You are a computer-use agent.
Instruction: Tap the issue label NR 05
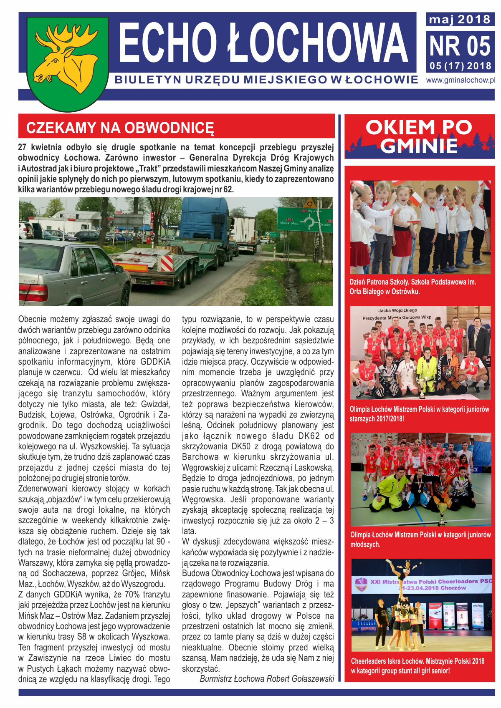pos(460,46)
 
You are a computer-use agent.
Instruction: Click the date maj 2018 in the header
pos(460,19)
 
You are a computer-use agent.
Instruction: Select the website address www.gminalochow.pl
pos(461,80)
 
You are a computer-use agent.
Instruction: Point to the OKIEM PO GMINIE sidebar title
pos(419,136)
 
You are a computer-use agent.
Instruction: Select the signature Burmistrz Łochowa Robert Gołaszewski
pos(267,678)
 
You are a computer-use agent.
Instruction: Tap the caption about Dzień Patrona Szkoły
pos(413,287)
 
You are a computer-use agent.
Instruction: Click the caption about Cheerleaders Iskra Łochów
pos(417,666)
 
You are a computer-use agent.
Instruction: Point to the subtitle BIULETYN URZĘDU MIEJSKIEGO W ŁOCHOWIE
pos(266,80)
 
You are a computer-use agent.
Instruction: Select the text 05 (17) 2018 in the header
pos(460,66)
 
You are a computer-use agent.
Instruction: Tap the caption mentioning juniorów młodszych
pos(420,539)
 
